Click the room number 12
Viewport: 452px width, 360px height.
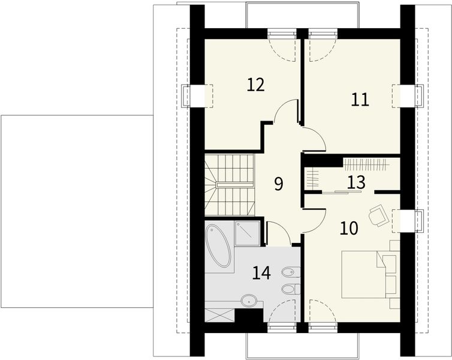click(x=256, y=85)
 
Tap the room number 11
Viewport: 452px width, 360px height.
click(x=360, y=100)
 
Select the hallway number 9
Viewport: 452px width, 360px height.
click(x=279, y=184)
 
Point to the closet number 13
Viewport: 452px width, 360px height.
click(x=356, y=182)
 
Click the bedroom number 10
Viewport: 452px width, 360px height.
click(x=349, y=228)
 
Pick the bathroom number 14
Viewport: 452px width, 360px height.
click(x=261, y=273)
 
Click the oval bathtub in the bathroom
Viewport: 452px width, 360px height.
click(x=218, y=246)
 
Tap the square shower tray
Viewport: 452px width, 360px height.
click(x=248, y=233)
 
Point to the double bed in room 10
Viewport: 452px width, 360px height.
click(x=363, y=274)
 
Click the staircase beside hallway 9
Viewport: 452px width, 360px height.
click(x=230, y=185)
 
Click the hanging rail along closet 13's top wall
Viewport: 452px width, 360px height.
click(x=365, y=165)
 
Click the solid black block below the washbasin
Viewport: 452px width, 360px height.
click(x=249, y=315)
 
